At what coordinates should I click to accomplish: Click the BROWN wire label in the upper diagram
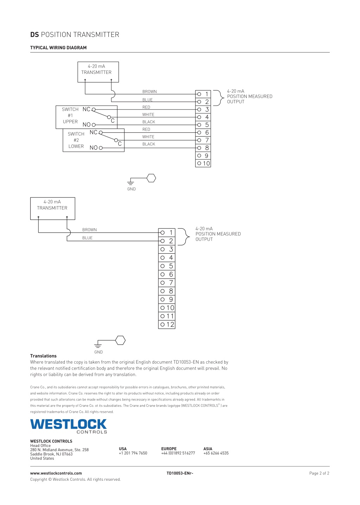(150, 91)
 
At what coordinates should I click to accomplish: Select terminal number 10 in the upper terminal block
(206, 163)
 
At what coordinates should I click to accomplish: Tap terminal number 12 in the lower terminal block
(170, 324)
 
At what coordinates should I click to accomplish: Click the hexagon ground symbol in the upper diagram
(151, 178)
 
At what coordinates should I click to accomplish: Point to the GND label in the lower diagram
(99, 352)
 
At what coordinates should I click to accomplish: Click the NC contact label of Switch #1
(86, 109)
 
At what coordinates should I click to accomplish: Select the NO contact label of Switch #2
(94, 148)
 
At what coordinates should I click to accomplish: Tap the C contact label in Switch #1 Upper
(113, 121)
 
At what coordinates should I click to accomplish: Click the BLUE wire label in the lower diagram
(88, 238)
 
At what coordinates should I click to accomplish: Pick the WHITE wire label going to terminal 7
(148, 137)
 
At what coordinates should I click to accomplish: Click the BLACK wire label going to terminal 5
(149, 122)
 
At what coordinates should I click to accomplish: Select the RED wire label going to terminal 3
(146, 107)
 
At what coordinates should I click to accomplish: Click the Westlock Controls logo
(69, 426)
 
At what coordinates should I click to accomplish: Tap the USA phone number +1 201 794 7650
(133, 453)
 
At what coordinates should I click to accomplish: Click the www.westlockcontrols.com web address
(56, 473)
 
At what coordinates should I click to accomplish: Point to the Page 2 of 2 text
(319, 473)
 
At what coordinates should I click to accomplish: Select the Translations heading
(43, 356)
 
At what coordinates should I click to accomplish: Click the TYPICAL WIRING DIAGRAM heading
(58, 48)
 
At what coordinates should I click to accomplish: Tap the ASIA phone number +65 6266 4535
(216, 453)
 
